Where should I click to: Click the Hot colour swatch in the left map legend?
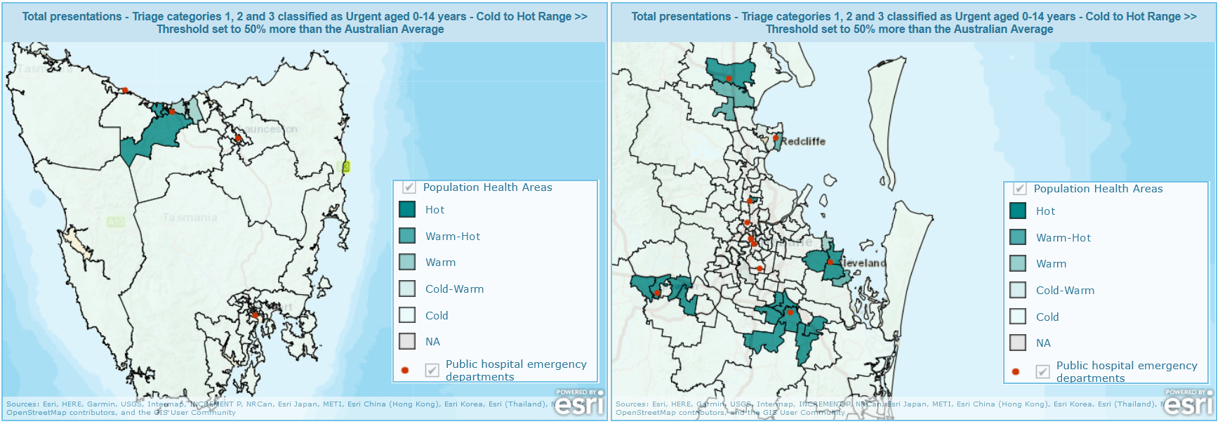coord(407,209)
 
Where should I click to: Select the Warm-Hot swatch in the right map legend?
coord(1018,237)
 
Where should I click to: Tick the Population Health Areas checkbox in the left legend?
coord(409,187)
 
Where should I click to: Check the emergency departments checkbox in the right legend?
coord(1043,371)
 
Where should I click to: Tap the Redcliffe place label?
coord(803,141)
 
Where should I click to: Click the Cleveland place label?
coord(863,263)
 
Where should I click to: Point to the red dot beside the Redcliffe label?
coord(776,138)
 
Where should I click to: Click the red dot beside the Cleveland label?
coord(830,262)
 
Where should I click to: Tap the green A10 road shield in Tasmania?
coord(116,222)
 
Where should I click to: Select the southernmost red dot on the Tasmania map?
coord(256,315)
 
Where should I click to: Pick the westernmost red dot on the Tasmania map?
coord(125,90)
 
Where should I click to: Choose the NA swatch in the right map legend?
coord(1018,343)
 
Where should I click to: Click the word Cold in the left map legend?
coord(437,316)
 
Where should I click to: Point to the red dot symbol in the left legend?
coord(405,370)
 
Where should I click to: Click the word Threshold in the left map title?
coord(180,29)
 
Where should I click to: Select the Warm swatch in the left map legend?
coord(407,262)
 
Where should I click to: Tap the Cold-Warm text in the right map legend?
coord(1065,291)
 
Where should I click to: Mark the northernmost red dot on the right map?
coord(729,78)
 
